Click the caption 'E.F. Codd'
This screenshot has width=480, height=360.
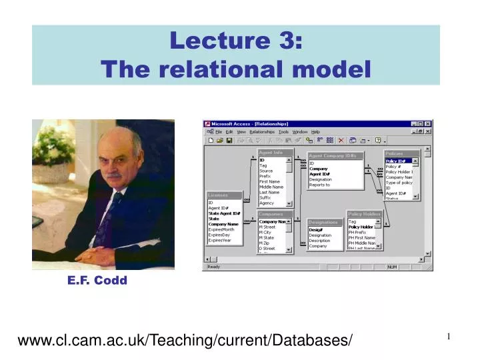(97, 281)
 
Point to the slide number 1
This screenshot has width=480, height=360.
(449, 337)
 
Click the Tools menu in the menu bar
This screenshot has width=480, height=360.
(283, 132)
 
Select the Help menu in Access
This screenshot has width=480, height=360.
(315, 132)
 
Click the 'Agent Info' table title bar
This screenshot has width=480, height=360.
(271, 153)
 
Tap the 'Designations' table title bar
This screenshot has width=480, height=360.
(324, 223)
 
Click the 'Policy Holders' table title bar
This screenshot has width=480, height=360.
(364, 214)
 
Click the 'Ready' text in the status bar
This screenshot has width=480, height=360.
(213, 267)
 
